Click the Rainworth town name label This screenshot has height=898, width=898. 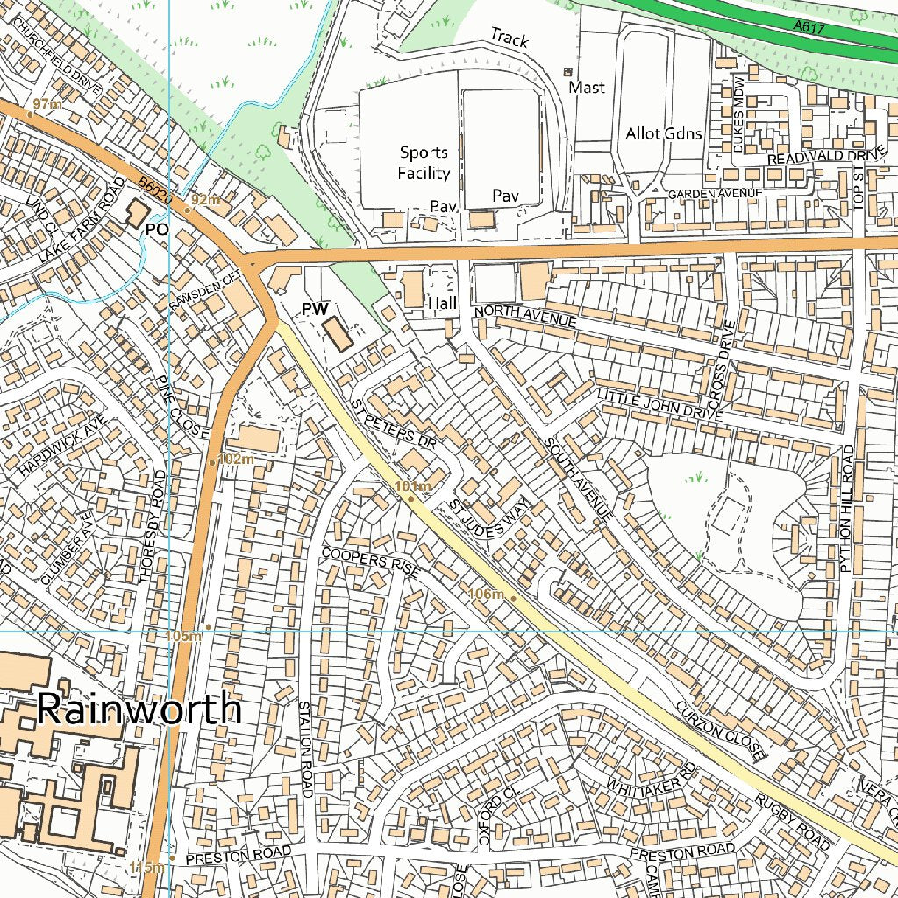pyautogui.click(x=139, y=709)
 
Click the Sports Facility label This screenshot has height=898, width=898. pyautogui.click(x=424, y=163)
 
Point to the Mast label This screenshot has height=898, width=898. pyautogui.click(x=587, y=87)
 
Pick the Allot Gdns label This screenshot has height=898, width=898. pyautogui.click(x=664, y=133)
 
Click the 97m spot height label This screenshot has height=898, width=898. pyautogui.click(x=47, y=104)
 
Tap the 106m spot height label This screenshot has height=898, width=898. pyautogui.click(x=487, y=595)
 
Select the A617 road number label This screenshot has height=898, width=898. pyautogui.click(x=808, y=27)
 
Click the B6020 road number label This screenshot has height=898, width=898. pyautogui.click(x=154, y=193)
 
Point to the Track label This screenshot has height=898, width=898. pyautogui.click(x=510, y=38)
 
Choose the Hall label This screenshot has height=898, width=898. pyautogui.click(x=443, y=303)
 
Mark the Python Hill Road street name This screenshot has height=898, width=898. pyautogui.click(x=847, y=509)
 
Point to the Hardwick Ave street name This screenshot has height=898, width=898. pyautogui.click(x=62, y=445)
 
